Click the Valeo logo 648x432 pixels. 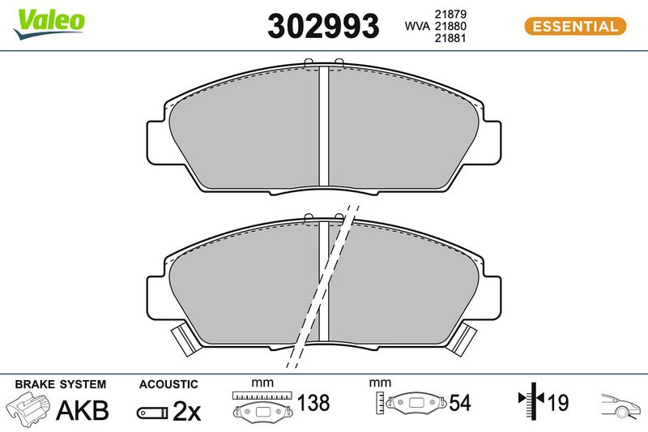49,24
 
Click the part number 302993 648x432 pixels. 323,26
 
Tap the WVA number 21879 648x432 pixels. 450,14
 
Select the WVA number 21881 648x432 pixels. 450,38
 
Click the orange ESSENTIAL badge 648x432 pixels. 575,27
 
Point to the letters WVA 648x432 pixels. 417,26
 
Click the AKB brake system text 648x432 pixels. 83,410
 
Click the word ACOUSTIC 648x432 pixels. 168,384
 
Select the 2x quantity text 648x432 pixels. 186,411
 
